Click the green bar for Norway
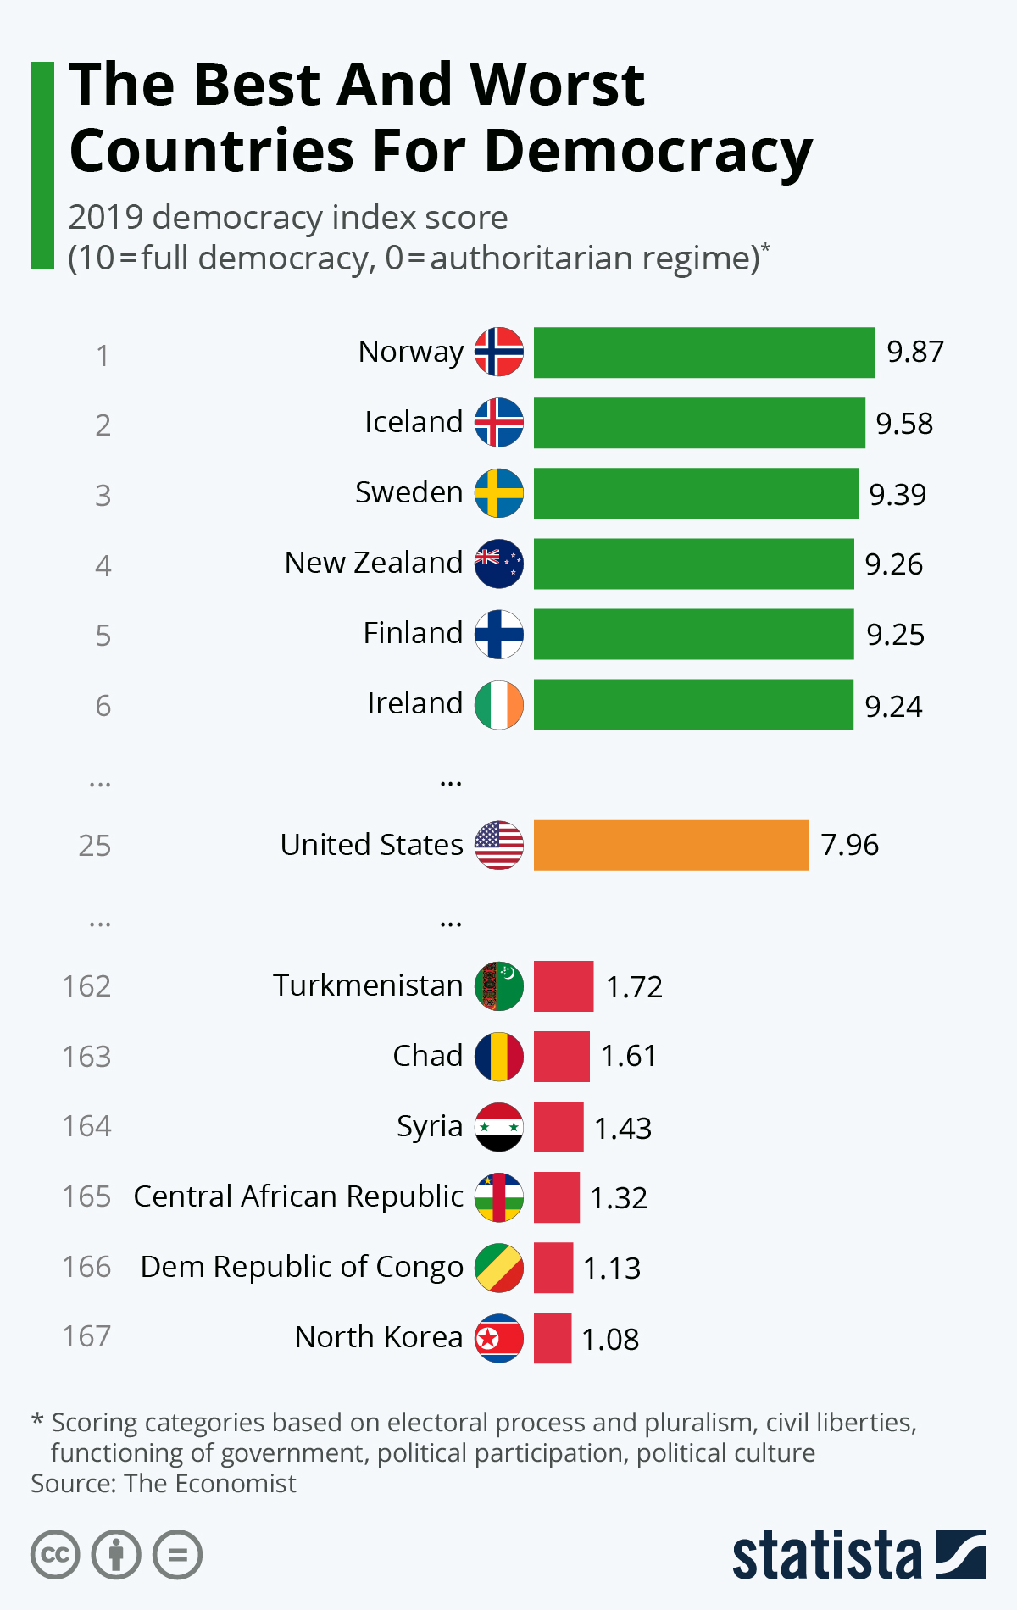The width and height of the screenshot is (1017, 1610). click(x=703, y=353)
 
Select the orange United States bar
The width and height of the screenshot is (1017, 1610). click(x=671, y=845)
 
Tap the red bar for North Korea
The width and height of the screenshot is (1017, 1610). click(x=553, y=1338)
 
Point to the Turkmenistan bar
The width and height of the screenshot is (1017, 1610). click(x=564, y=986)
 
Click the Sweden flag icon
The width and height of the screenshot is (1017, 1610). click(x=499, y=493)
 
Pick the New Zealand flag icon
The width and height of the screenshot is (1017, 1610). click(x=499, y=563)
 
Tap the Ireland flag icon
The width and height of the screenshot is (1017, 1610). click(x=499, y=704)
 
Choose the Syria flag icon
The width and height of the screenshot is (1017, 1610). click(x=499, y=1127)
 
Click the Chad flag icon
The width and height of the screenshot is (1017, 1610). click(x=499, y=1057)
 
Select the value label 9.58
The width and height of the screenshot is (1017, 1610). click(x=904, y=423)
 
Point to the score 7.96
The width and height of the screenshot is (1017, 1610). click(x=849, y=845)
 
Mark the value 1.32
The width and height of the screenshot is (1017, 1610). click(x=619, y=1197)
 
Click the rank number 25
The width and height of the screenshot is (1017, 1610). click(x=95, y=846)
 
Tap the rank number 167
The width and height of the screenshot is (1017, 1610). click(x=86, y=1336)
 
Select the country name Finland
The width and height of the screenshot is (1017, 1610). click(x=413, y=633)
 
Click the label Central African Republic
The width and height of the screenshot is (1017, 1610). click(x=298, y=1196)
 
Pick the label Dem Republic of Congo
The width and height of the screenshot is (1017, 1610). click(x=302, y=1267)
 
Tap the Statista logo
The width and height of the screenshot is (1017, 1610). click(x=859, y=1554)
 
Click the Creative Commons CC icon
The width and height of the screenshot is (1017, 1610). click(x=55, y=1555)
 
